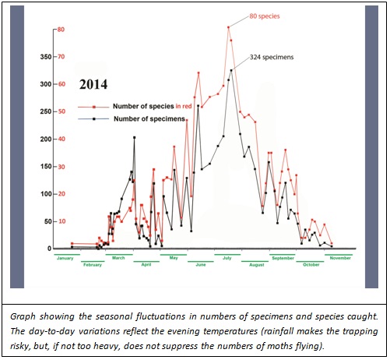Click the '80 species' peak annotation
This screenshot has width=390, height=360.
(265, 16)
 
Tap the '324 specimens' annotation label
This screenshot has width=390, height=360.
(272, 57)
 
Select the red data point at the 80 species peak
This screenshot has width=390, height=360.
(228, 27)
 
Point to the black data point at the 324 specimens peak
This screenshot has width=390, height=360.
(231, 70)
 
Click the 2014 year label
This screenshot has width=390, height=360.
(93, 84)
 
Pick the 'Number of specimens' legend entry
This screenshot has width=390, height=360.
(149, 118)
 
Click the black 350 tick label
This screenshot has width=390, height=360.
(46, 57)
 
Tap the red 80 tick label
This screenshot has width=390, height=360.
(61, 30)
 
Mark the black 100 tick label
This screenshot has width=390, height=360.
(46, 194)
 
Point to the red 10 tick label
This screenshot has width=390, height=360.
(61, 221)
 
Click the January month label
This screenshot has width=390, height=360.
(65, 258)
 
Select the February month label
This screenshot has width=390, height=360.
(93, 265)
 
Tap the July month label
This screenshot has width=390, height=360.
(227, 258)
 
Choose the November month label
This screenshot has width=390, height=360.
(340, 258)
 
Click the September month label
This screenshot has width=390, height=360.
(283, 258)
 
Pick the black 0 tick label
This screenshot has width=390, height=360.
(49, 249)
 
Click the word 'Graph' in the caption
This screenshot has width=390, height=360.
(23, 316)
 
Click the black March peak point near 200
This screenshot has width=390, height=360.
(134, 137)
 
